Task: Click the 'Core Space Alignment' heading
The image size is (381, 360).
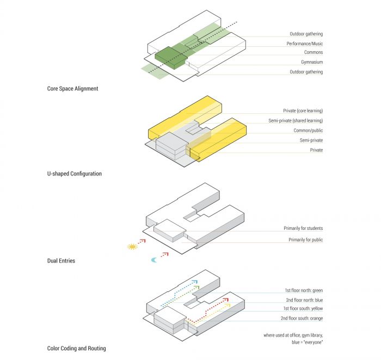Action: tap(72, 88)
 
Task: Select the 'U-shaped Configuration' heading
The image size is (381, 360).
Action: tap(74, 174)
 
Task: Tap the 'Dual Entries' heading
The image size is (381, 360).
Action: tap(61, 261)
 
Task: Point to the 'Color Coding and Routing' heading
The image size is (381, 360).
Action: tap(76, 348)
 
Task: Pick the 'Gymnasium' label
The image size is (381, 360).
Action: tap(312, 62)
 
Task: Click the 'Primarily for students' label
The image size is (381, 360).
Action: tap(303, 228)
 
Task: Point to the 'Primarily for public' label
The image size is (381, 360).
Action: tap(305, 240)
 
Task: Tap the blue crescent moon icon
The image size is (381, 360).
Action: tap(155, 260)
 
